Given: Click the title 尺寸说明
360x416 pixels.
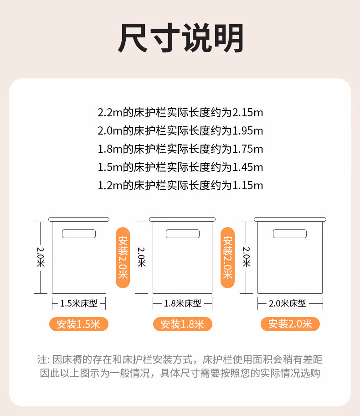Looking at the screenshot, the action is pyautogui.click(x=180, y=38).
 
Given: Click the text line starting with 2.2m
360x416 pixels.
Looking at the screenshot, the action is pyautogui.click(x=180, y=113).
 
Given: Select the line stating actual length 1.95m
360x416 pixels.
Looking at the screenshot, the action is pyautogui.click(x=180, y=130).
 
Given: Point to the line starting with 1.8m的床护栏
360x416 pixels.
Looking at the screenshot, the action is pyautogui.click(x=180, y=149).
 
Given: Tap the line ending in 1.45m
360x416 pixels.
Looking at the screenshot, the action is pyautogui.click(x=180, y=167).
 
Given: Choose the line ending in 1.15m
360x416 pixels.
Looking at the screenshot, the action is pyautogui.click(x=180, y=185).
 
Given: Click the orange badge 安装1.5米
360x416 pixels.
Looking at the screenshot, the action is pyautogui.click(x=79, y=324).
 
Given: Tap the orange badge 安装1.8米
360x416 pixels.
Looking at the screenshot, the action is pyautogui.click(x=183, y=324).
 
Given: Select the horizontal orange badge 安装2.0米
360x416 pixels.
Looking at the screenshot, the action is pyautogui.click(x=290, y=324).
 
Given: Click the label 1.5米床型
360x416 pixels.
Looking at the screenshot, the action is pyautogui.click(x=79, y=303).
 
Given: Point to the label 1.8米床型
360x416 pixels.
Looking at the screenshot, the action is pyautogui.click(x=183, y=303).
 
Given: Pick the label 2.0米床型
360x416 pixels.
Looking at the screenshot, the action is pyautogui.click(x=288, y=303).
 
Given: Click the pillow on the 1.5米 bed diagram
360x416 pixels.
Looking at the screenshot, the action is pyautogui.click(x=79, y=234).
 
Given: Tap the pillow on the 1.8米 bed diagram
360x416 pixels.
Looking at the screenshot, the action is pyautogui.click(x=183, y=234).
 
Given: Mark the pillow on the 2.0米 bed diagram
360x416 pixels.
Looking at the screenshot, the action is pyautogui.click(x=290, y=234).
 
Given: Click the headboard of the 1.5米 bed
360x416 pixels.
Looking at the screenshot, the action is pyautogui.click(x=79, y=219).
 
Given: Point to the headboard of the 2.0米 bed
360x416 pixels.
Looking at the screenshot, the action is pyautogui.click(x=290, y=219).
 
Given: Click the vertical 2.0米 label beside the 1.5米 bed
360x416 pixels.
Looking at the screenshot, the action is pyautogui.click(x=41, y=257).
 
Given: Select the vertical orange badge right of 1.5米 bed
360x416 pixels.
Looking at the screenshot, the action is pyautogui.click(x=123, y=257).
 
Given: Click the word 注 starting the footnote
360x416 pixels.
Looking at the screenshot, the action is pyautogui.click(x=42, y=359).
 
